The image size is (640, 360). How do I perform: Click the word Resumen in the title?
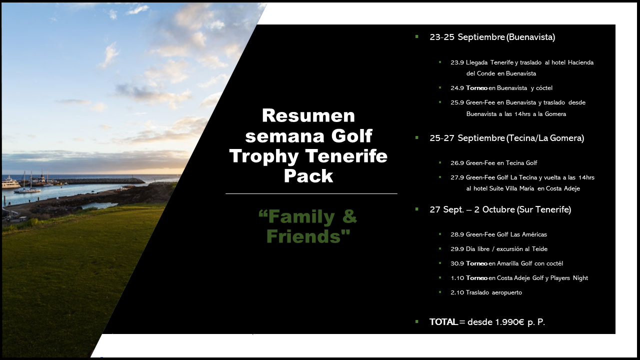pyautogui.click(x=308, y=115)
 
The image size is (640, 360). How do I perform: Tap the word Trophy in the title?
pyautogui.click(x=264, y=156)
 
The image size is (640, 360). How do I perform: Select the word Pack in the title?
pyautogui.click(x=308, y=175)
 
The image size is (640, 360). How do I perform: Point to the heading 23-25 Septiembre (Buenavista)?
pyautogui.click(x=492, y=37)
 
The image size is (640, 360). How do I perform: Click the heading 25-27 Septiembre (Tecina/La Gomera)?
pyautogui.click(x=507, y=138)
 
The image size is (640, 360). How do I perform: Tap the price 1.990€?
pyautogui.click(x=509, y=322)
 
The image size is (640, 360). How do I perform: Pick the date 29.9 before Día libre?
pyautogui.click(x=457, y=249)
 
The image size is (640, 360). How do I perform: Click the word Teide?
pyautogui.click(x=539, y=249)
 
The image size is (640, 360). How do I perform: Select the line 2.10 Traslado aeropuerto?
pyautogui.click(x=486, y=292)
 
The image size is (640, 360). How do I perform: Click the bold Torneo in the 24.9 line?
pyautogui.click(x=476, y=88)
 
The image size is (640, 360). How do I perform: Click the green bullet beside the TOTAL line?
pyautogui.click(x=417, y=321)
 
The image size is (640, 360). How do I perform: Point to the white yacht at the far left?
pyautogui.click(x=11, y=182)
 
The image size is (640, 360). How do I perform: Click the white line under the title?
pyautogui.click(x=311, y=193)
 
